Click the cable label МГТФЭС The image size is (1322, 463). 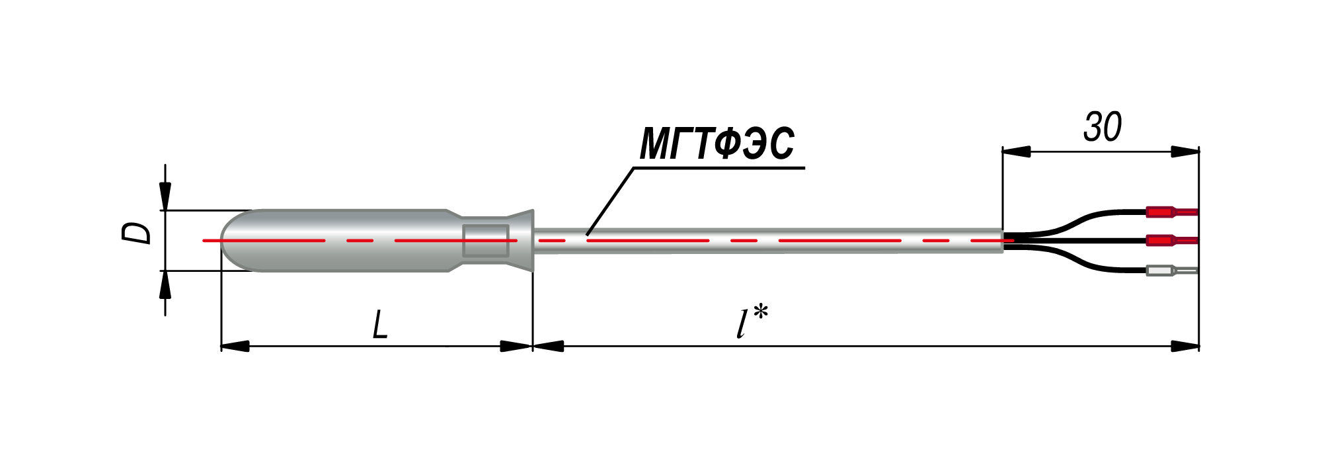click(x=717, y=144)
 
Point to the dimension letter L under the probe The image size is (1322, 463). click(x=379, y=325)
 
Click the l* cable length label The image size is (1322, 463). click(x=752, y=322)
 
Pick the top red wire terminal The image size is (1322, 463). click(x=1171, y=212)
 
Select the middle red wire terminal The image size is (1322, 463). click(x=1171, y=241)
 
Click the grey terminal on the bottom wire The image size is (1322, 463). click(x=1171, y=270)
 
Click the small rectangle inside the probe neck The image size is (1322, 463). click(x=486, y=241)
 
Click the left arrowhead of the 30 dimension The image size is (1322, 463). click(x=1017, y=151)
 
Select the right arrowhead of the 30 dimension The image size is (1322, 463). click(x=1185, y=151)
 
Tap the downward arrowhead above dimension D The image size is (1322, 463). click(x=165, y=196)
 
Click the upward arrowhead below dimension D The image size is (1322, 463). click(x=165, y=284)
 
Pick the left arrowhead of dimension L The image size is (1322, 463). click(x=235, y=346)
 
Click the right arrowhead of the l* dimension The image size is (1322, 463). click(x=1185, y=346)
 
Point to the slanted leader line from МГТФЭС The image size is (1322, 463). click(x=610, y=201)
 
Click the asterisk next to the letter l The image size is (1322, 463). click(x=760, y=312)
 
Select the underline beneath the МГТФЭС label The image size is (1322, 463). click(x=719, y=168)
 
